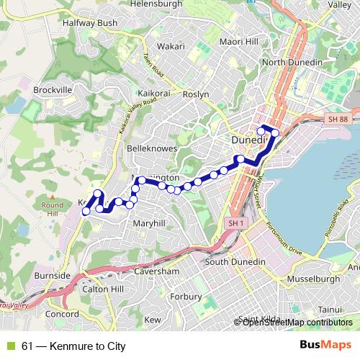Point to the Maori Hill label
(x=240, y=42)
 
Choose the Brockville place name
(x=53, y=89)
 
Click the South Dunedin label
(x=236, y=261)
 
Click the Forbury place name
(x=187, y=296)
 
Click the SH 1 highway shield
(x=234, y=224)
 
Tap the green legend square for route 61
(x=10, y=346)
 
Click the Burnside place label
(x=52, y=275)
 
